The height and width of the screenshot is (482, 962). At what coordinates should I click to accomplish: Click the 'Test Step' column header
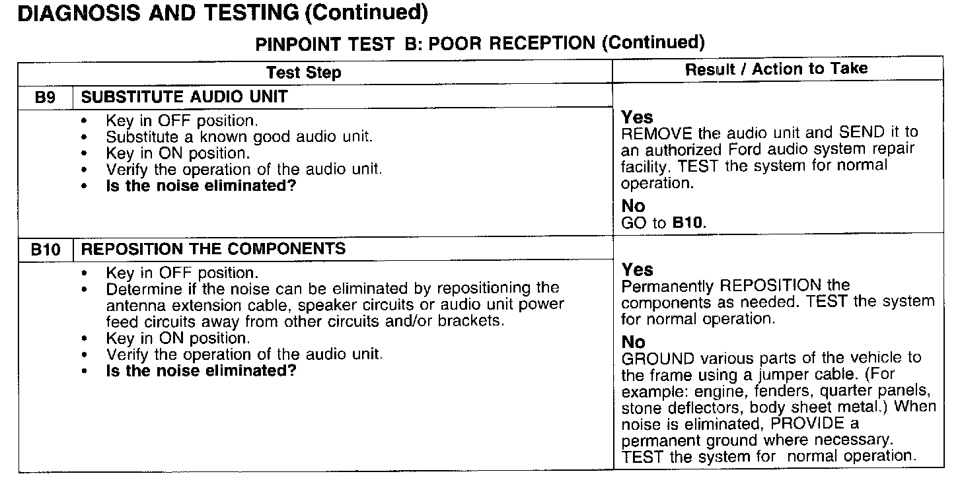(x=303, y=73)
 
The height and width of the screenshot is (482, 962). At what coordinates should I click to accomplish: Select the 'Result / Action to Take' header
(x=776, y=69)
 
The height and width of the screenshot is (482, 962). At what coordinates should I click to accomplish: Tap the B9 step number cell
(x=44, y=98)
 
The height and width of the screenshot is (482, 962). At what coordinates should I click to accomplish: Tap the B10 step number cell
(x=46, y=249)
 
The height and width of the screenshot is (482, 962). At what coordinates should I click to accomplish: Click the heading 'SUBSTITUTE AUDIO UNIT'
(x=184, y=97)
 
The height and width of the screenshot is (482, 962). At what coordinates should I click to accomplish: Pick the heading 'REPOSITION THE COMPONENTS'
(x=213, y=249)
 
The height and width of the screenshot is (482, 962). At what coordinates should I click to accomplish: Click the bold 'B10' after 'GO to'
(x=688, y=223)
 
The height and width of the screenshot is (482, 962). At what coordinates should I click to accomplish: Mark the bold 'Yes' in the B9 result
(x=637, y=118)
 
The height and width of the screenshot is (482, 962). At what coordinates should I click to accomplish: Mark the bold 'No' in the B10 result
(x=633, y=342)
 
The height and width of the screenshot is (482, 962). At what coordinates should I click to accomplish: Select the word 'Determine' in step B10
(x=138, y=289)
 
